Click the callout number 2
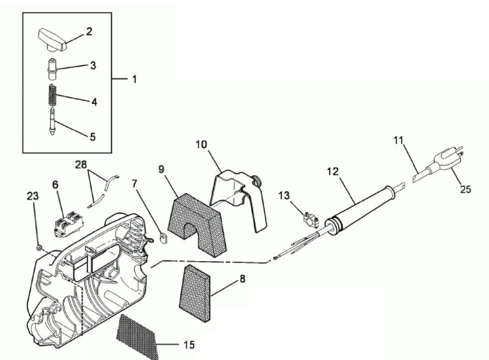(89, 31)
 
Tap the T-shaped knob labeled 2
(52, 39)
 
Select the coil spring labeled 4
(53, 95)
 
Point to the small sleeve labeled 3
(52, 68)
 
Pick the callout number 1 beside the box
(134, 79)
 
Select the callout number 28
(81, 165)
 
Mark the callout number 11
(398, 141)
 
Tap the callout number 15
(188, 345)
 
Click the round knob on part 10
(257, 180)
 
